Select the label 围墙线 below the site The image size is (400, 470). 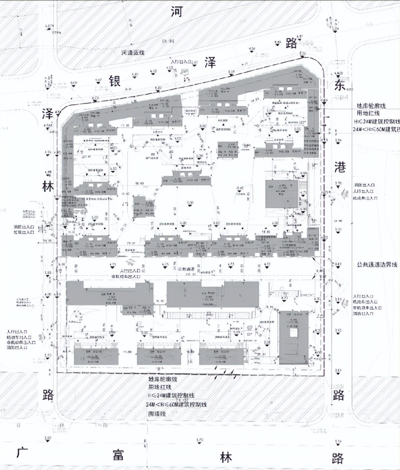click(156, 413)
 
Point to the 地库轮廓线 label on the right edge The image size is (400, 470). click(376, 106)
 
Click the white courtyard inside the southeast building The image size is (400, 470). click(293, 333)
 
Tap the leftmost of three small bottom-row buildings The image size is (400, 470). click(96, 357)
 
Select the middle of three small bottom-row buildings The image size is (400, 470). click(159, 357)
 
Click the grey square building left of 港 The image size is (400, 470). click(282, 194)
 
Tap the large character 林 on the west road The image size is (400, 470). click(48, 187)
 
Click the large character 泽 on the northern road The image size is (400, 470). click(210, 62)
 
